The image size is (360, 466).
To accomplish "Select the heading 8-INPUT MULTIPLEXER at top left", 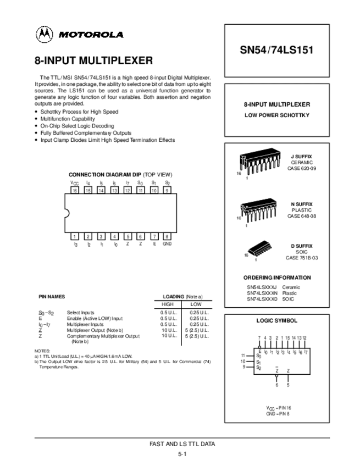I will pos(93,60).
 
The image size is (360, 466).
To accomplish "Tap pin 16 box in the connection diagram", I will pos(75,190).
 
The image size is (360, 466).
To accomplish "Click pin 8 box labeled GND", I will pos(167,236).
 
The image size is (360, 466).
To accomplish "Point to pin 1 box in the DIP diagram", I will pos(75,236).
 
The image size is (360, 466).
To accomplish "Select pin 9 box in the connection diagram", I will pos(167,190).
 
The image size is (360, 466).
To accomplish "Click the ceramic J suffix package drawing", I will pos(255,162).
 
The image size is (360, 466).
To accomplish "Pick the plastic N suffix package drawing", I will pos(255,208).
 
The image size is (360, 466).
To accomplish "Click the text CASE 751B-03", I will pos(301,257).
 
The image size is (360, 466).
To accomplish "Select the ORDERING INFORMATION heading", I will pos(277,278).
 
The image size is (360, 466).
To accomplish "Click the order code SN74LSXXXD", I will pos(262,299).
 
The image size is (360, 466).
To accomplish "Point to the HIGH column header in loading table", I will pos(168,304).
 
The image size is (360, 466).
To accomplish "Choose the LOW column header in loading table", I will pos(196,304).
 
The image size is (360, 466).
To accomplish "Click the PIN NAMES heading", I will pos(52,296).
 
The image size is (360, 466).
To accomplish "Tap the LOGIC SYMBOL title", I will pos(277,320).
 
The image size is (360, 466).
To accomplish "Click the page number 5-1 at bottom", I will pos(182,454).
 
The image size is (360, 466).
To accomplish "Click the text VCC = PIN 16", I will pos(278,407).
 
